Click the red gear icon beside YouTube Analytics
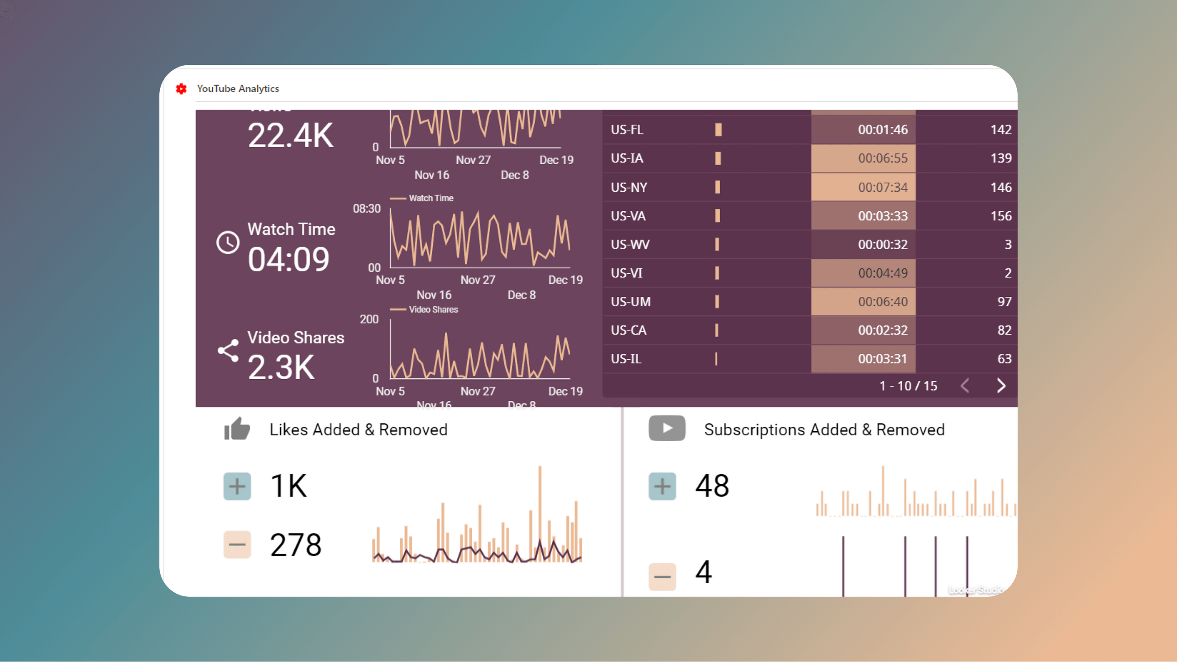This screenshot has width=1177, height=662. click(182, 89)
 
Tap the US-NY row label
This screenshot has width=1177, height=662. click(629, 187)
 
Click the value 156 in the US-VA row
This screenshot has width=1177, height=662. click(1000, 216)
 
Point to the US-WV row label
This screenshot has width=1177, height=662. click(630, 244)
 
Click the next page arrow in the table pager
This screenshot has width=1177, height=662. click(1000, 386)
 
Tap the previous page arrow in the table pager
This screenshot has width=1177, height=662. click(965, 386)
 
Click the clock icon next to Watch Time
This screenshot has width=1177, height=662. click(228, 242)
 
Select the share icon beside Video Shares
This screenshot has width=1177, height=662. click(228, 350)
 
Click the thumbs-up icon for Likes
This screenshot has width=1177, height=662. click(237, 429)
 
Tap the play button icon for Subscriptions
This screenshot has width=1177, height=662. click(667, 428)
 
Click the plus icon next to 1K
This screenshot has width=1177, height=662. click(237, 486)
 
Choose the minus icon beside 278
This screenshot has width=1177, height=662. click(237, 545)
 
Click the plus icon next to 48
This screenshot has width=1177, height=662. click(662, 486)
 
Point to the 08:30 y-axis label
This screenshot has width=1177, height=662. click(366, 209)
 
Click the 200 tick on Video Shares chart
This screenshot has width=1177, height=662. click(369, 319)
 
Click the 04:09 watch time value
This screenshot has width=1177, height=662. click(288, 259)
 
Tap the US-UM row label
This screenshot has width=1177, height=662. click(631, 301)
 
